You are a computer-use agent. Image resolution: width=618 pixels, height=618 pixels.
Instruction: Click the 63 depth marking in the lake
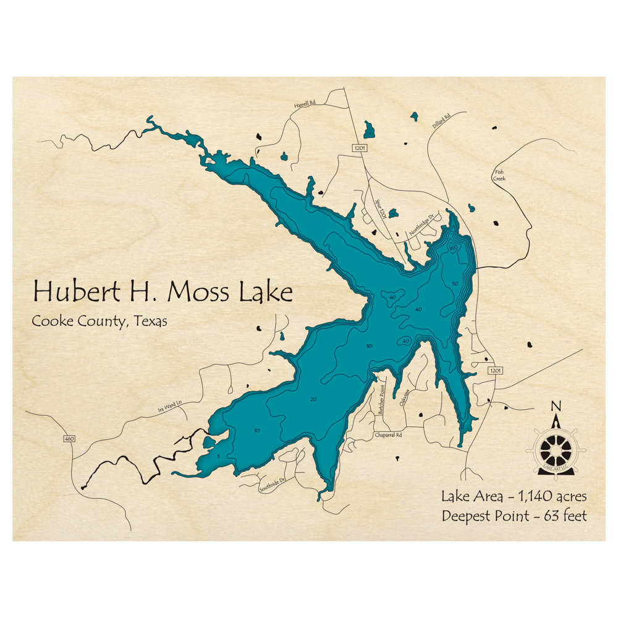pyautogui.click(x=453, y=247)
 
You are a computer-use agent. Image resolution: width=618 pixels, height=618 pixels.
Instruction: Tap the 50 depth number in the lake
pyautogui.click(x=455, y=283)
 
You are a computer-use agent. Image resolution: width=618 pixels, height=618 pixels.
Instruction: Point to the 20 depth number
pyautogui.click(x=313, y=399)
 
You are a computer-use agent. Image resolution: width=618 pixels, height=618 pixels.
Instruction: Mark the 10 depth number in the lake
pyautogui.click(x=256, y=430)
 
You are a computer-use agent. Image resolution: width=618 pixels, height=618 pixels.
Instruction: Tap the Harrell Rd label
pyautogui.click(x=305, y=106)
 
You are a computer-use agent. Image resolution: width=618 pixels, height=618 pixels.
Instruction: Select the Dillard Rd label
pyautogui.click(x=441, y=123)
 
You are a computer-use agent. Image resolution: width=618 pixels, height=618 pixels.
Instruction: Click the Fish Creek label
pyautogui.click(x=499, y=175)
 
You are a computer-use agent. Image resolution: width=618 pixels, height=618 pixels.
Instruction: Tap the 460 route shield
pyautogui.click(x=68, y=439)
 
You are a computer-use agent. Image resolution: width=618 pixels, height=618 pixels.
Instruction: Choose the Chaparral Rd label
pyautogui.click(x=388, y=435)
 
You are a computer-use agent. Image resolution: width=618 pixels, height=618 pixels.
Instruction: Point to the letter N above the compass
pyautogui.click(x=556, y=406)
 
